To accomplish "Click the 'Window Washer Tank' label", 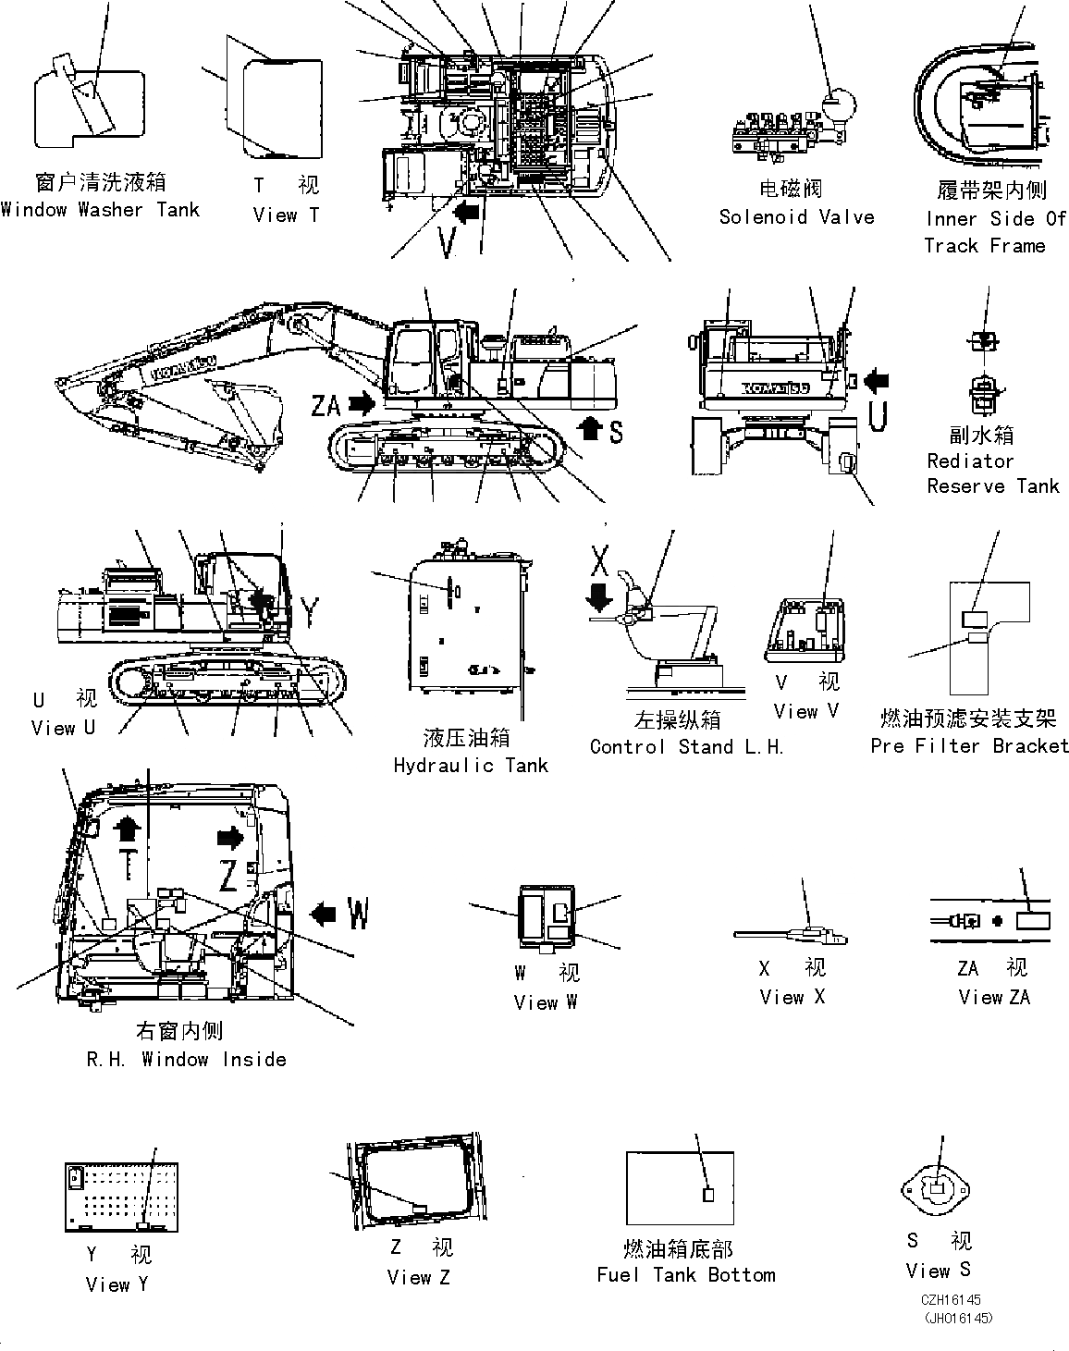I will tap(100, 210).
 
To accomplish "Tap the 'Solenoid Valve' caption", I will tap(796, 217).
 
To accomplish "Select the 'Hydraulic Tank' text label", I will tap(471, 766).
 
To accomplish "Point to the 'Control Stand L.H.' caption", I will tap(686, 747).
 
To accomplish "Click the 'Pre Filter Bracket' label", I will tap(969, 746).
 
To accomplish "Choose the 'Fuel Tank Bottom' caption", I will tap(686, 1275).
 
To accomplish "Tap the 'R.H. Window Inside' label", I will tap(186, 1060).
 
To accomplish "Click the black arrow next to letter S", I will tap(588, 428).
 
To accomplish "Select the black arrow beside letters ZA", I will tap(362, 403).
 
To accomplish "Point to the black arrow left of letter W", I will tap(324, 915).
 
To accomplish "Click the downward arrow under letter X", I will tap(599, 596).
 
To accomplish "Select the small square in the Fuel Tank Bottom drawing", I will tap(709, 1195).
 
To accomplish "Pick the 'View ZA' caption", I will tap(993, 998).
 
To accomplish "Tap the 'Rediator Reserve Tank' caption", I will tap(992, 473).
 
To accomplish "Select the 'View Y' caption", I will tap(117, 1285).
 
